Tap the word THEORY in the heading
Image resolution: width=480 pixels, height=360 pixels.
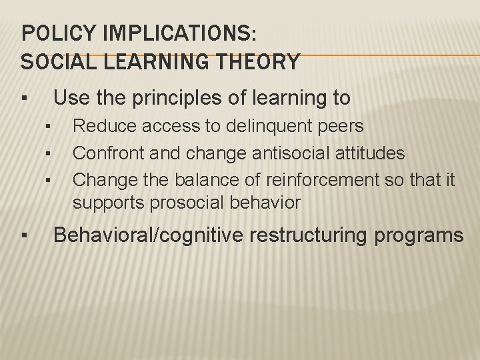(x=257, y=62)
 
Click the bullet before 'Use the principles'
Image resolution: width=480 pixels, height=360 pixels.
(x=23, y=99)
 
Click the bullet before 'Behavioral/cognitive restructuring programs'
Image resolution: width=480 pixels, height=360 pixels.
(x=23, y=236)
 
